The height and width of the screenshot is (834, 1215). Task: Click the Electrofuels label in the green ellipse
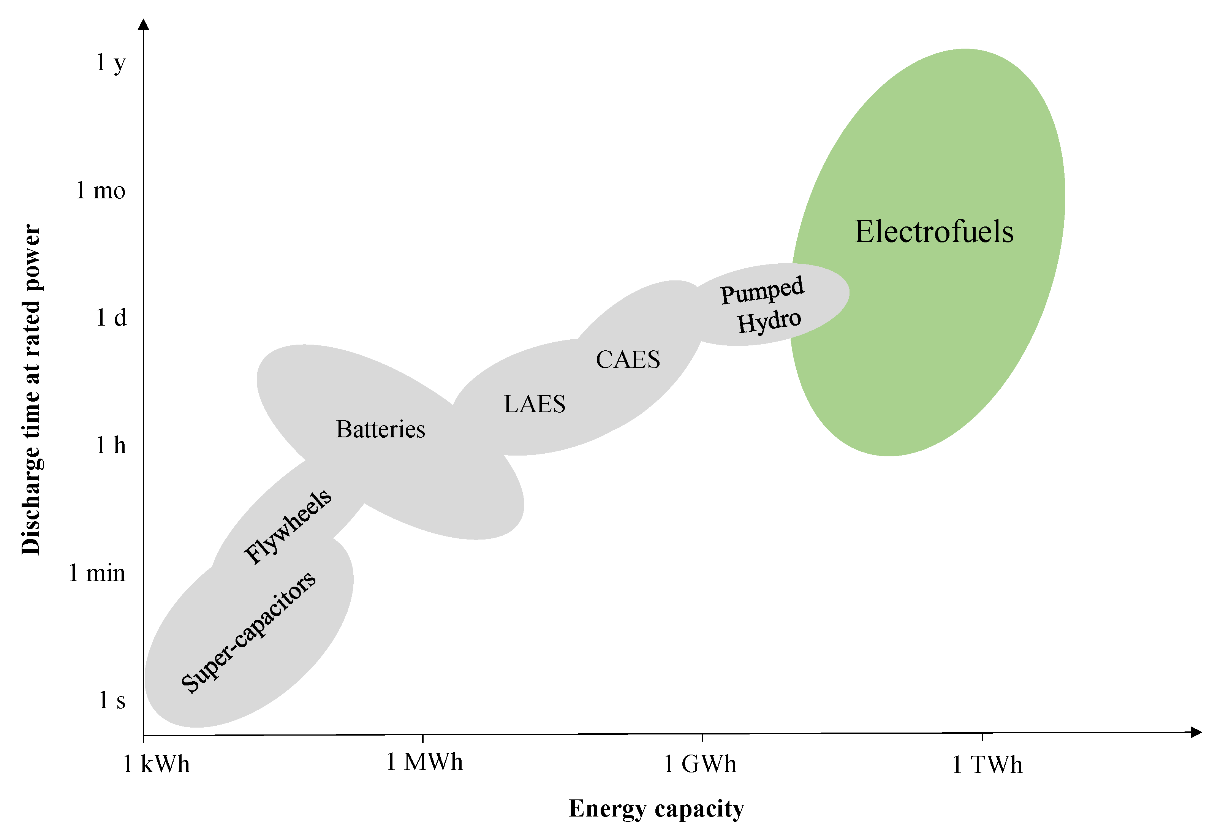pos(934,232)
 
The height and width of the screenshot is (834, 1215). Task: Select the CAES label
pos(628,360)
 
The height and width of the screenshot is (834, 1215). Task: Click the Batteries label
pos(380,429)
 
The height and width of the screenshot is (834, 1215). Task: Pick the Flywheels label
pos(288,527)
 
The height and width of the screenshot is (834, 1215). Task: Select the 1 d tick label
pos(111,317)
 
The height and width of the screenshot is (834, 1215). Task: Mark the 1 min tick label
pos(97,573)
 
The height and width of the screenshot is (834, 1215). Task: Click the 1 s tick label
pos(112,700)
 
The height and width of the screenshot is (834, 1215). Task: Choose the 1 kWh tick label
pos(156,764)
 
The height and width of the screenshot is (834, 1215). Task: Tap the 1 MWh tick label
pos(424,762)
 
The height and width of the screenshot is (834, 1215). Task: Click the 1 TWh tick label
pos(987,765)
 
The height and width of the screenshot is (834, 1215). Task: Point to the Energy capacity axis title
pos(656,809)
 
